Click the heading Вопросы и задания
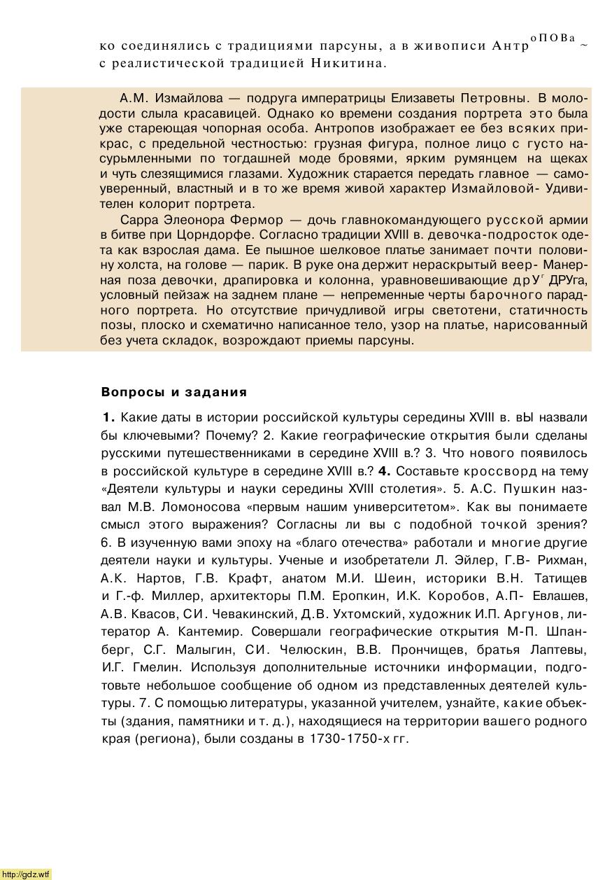pos(173,392)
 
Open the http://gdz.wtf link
pos(26,874)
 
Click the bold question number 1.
pos(108,418)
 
